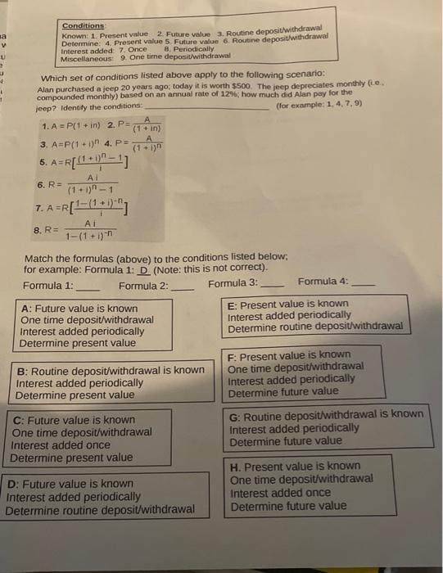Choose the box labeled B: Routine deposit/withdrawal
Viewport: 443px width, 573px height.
click(x=111, y=382)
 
